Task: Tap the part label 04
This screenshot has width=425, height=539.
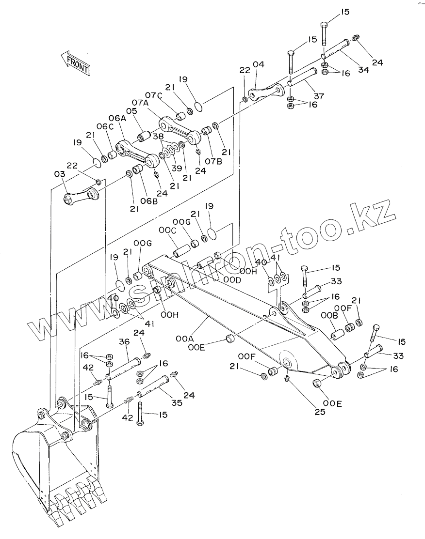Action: click(x=258, y=64)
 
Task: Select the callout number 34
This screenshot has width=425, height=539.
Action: click(x=363, y=70)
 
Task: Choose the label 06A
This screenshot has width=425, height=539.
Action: click(x=117, y=118)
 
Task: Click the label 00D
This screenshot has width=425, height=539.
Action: click(x=232, y=280)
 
